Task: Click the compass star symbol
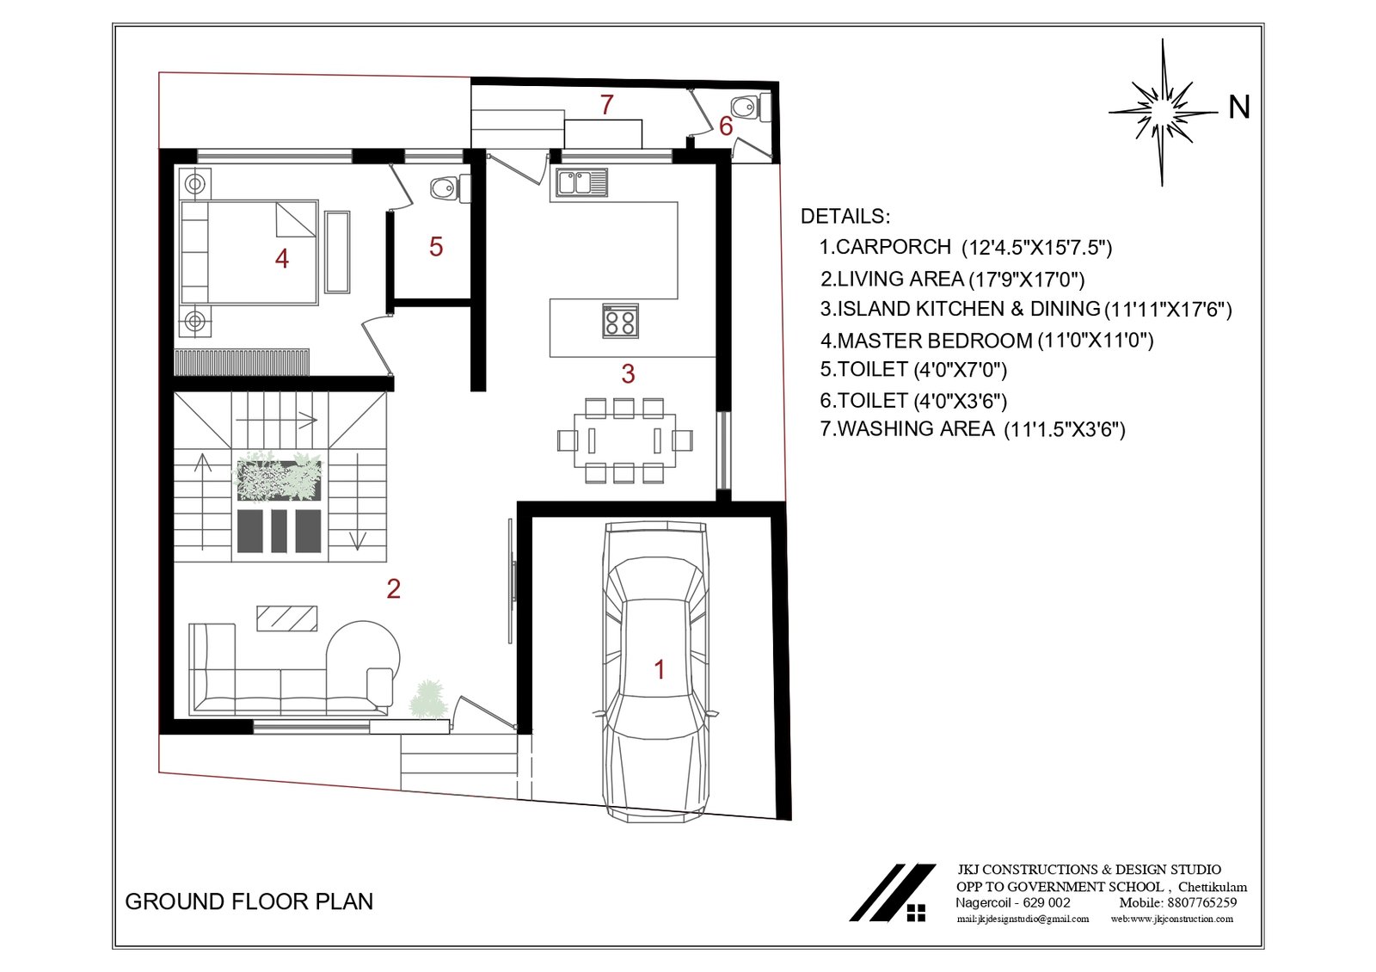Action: tap(1162, 113)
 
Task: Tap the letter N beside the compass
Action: tap(1238, 108)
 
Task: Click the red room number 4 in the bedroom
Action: tap(282, 259)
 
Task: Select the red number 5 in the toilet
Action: tap(436, 247)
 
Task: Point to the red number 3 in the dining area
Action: tap(628, 373)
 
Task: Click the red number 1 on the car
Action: tap(660, 670)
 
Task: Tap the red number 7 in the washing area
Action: tap(607, 105)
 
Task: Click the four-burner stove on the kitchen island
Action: tap(620, 322)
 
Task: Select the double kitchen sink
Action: tap(581, 183)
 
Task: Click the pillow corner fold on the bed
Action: tap(296, 219)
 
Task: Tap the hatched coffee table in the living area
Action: tap(287, 618)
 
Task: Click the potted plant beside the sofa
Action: tap(428, 699)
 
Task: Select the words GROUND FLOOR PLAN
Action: tap(249, 902)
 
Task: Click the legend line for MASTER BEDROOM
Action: tap(987, 341)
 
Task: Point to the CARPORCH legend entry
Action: tap(966, 247)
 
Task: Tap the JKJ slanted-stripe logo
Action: tap(893, 893)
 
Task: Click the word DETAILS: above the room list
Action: tap(845, 216)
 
